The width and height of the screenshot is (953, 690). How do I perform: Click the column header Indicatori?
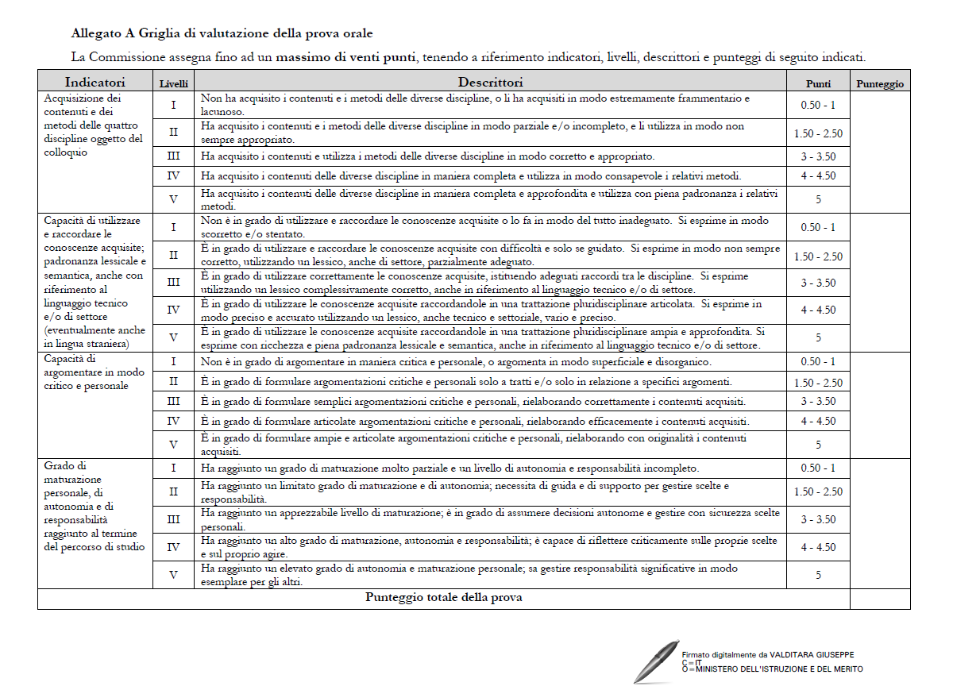pos(95,82)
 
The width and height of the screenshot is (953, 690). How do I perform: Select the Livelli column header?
pos(174,83)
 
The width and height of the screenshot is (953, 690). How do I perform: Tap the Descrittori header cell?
pos(490,82)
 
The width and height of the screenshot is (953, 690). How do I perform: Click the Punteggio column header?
pos(880,83)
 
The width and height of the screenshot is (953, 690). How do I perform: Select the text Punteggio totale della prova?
pos(443,597)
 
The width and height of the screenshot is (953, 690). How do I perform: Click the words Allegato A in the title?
pos(99,33)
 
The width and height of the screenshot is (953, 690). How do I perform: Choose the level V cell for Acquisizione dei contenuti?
pos(174,199)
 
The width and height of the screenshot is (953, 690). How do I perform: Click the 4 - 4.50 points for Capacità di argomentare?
pos(818,421)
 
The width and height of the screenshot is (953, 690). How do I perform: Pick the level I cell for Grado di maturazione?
pos(174,468)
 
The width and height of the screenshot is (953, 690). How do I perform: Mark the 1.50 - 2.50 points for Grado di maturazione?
pos(818,491)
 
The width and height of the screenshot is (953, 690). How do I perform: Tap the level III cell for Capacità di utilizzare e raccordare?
pos(174,283)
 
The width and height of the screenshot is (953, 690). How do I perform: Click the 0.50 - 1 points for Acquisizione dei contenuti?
pos(818,106)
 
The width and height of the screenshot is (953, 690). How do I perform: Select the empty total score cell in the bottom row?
pos(880,598)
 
